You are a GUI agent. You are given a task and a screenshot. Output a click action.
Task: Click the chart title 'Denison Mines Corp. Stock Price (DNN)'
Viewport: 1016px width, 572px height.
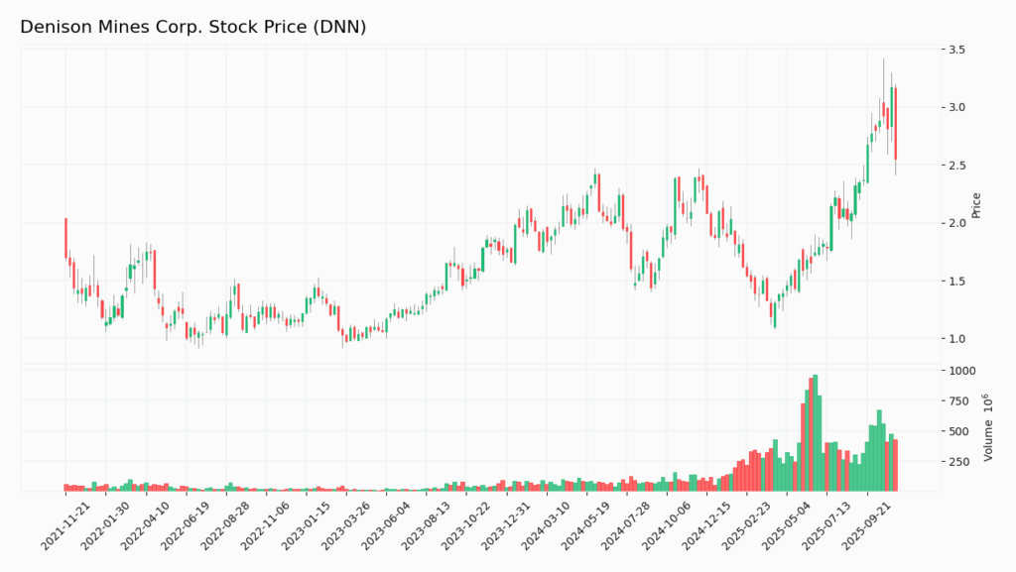point(193,27)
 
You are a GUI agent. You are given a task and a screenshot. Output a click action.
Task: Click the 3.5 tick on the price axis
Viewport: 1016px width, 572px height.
point(956,50)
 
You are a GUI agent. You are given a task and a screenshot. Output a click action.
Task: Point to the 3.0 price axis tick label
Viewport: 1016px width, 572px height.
point(956,107)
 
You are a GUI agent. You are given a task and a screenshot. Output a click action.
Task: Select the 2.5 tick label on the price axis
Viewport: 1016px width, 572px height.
point(956,166)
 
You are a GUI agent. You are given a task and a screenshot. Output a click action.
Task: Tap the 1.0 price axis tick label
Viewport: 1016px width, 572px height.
point(956,339)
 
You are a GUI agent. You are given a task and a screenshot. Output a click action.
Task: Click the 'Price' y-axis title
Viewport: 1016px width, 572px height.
point(976,205)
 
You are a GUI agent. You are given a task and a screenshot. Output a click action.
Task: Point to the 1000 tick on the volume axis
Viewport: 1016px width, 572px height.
point(962,371)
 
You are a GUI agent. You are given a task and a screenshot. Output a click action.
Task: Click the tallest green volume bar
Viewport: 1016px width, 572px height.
point(815,433)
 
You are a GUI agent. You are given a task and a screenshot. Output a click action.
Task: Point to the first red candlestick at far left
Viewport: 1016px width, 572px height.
point(66,238)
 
